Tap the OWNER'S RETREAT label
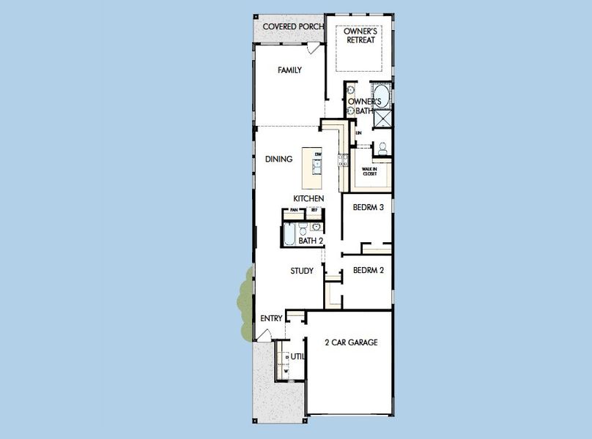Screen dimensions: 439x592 click(360, 35)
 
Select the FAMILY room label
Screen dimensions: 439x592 click(290, 70)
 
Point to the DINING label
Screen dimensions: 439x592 click(279, 159)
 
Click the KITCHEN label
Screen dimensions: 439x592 click(309, 198)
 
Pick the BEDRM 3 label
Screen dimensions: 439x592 click(369, 208)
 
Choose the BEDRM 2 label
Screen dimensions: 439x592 click(369, 270)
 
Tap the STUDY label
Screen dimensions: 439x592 click(302, 271)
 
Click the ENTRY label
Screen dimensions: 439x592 click(272, 318)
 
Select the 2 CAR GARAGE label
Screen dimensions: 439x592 click(352, 342)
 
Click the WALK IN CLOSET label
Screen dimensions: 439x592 click(369, 171)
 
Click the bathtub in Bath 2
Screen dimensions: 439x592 click(289, 235)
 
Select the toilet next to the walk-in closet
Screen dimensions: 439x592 click(381, 149)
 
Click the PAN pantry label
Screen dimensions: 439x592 click(294, 211)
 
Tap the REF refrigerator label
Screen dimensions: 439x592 click(314, 211)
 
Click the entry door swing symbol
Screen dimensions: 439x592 click(261, 334)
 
